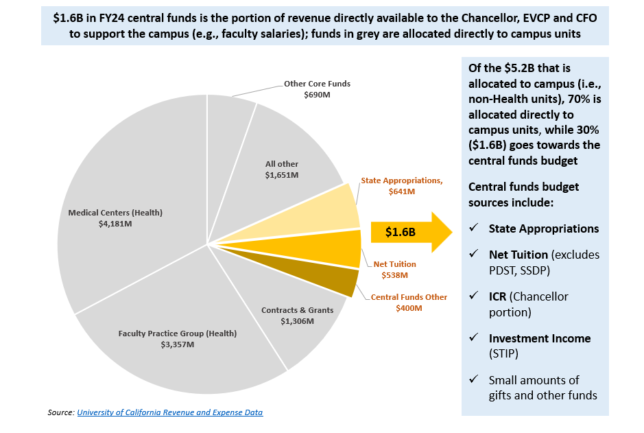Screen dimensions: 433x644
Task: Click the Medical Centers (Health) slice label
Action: (x=115, y=213)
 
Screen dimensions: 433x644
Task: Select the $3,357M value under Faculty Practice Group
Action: (x=177, y=344)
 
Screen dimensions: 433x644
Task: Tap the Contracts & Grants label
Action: (x=297, y=310)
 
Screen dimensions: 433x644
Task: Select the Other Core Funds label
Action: (x=317, y=84)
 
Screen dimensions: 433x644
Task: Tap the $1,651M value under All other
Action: (x=282, y=175)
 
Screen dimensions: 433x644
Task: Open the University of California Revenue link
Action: (x=169, y=412)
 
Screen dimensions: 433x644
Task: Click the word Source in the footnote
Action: (x=60, y=412)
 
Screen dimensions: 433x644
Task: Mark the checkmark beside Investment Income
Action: (x=474, y=338)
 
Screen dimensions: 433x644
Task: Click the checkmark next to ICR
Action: (x=474, y=296)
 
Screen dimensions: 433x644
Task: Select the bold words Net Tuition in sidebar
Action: (x=518, y=255)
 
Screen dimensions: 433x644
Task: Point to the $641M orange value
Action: (x=402, y=191)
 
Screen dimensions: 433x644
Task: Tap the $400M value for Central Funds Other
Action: (x=409, y=308)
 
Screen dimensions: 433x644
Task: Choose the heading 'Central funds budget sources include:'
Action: (x=523, y=195)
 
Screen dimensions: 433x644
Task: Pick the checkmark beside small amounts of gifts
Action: (x=474, y=380)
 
